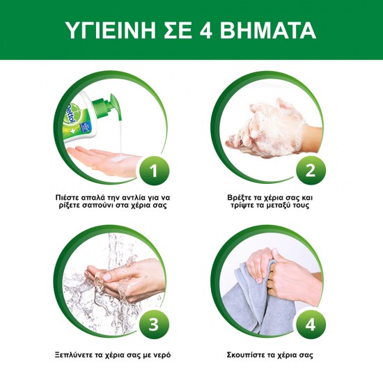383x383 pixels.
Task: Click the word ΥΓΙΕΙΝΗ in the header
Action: (x=111, y=30)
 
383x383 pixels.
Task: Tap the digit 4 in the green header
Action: (x=206, y=30)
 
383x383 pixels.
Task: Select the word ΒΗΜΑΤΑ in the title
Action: (x=268, y=30)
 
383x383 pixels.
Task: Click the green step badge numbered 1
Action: (x=154, y=171)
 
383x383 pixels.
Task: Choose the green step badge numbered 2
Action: (x=311, y=171)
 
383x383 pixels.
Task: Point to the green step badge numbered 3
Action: (x=154, y=325)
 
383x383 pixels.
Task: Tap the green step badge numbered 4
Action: (x=311, y=325)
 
